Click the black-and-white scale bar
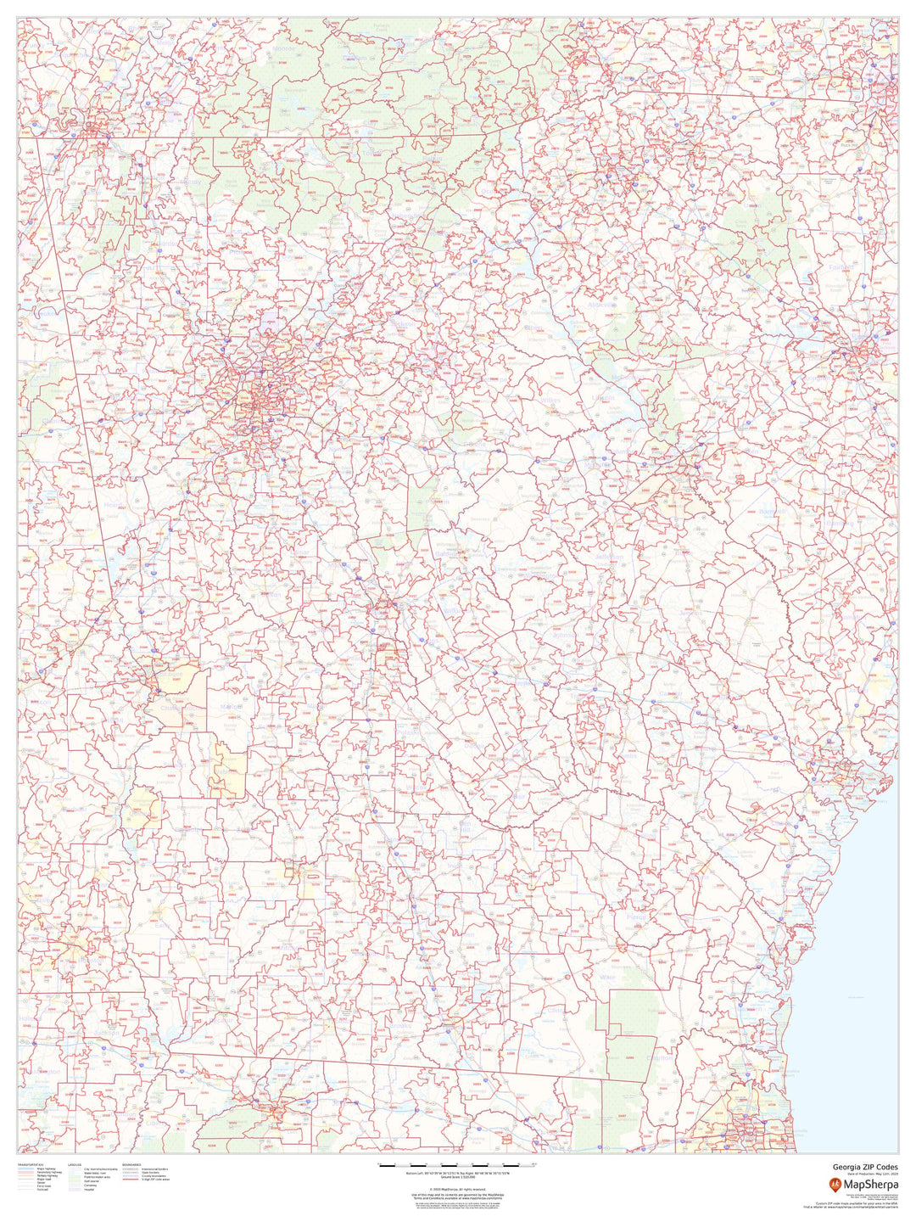click(457, 1165)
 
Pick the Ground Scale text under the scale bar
click(457, 1179)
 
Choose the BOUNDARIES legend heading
click(131, 1165)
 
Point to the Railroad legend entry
click(42, 1189)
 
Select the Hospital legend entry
click(89, 1189)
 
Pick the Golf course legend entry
click(92, 1182)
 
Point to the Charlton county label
click(660, 1058)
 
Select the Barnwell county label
click(772, 512)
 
